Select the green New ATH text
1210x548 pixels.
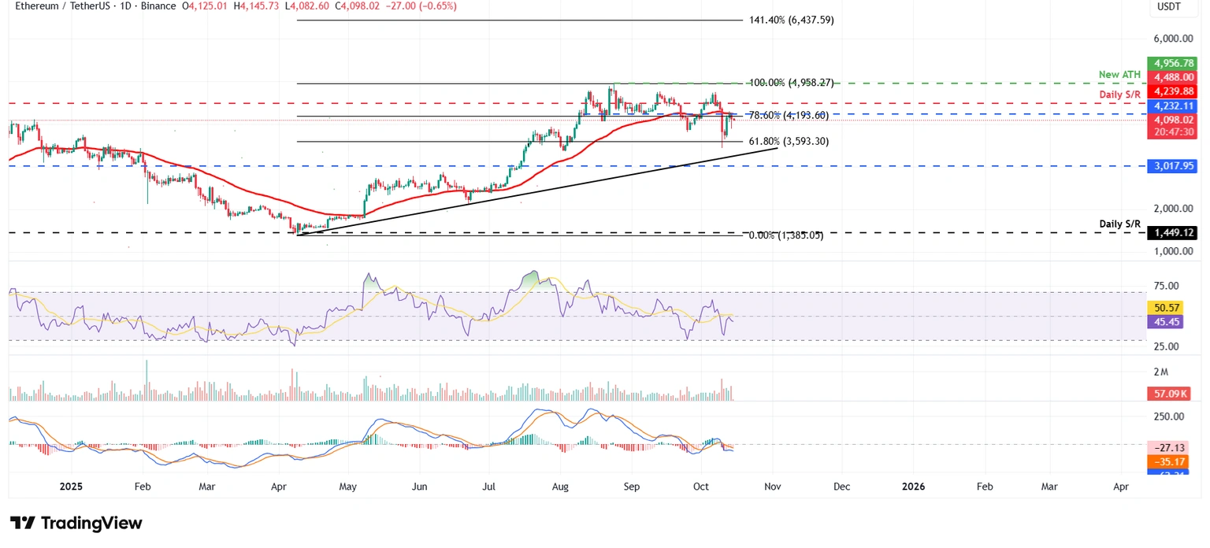tap(1119, 75)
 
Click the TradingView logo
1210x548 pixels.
tap(76, 524)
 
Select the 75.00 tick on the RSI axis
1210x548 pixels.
tap(1167, 286)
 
